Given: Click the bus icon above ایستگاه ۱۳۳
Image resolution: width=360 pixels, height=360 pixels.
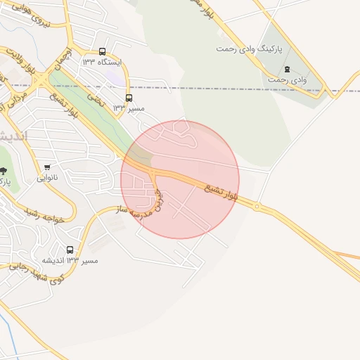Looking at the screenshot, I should coord(103,51).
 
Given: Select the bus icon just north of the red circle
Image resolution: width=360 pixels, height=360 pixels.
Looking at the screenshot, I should coord(128,99).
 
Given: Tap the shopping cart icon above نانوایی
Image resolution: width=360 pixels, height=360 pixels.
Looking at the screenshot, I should coord(47,167).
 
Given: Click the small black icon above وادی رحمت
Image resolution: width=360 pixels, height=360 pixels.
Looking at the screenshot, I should coord(286,69).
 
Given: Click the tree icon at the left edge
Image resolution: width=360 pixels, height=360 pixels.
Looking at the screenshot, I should coord(4,171).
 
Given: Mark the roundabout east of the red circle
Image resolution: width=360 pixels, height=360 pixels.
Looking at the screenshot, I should coord(257,207).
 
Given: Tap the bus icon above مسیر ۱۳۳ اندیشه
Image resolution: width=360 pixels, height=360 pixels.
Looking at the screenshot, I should coord(70,250).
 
